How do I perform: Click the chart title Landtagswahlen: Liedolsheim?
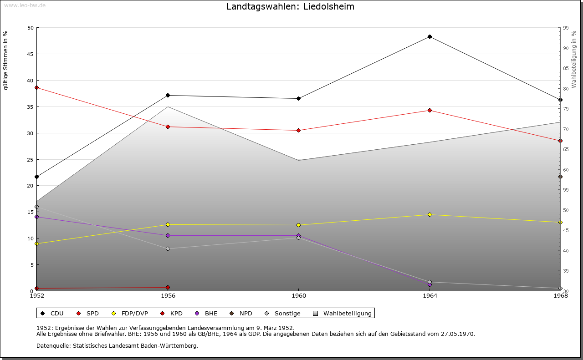[290, 7]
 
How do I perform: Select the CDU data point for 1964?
[430, 37]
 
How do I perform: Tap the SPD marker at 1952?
[37, 87]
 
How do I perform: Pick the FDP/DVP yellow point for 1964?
[430, 214]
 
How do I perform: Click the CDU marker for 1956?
[168, 95]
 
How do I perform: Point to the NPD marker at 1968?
[560, 177]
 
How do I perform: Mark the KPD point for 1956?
[168, 287]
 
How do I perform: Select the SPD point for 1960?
[299, 130]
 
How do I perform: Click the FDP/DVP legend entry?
[134, 313]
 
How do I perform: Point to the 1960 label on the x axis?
[299, 295]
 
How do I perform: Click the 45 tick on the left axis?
[31, 54]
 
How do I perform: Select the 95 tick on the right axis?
[566, 28]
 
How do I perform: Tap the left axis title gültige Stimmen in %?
[6, 60]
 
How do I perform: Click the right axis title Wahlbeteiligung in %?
[574, 60]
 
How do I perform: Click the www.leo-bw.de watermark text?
[25, 5]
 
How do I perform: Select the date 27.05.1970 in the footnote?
[457, 334]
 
